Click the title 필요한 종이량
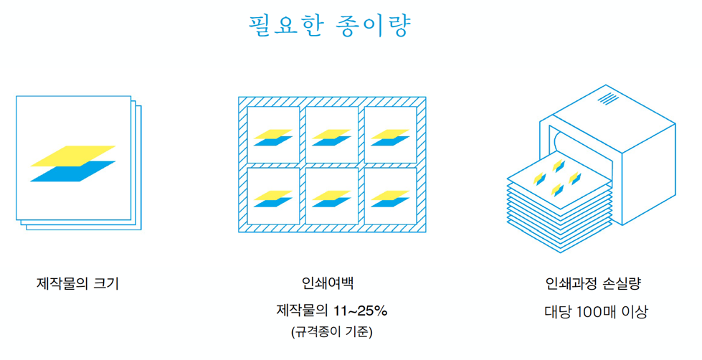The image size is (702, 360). [x=330, y=26]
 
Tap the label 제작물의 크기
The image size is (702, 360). [x=78, y=283]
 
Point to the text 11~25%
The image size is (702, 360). [x=361, y=311]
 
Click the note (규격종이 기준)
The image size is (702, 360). [x=331, y=332]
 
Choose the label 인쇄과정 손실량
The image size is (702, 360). [x=593, y=283]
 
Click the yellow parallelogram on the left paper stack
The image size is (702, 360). [x=73, y=156]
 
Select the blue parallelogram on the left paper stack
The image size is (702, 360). [x=73, y=172]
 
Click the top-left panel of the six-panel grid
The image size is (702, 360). [x=273, y=134]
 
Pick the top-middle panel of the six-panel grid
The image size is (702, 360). [x=332, y=134]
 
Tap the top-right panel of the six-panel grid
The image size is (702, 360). [x=390, y=134]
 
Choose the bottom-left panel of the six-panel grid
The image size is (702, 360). [x=273, y=196]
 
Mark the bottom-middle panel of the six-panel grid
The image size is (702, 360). [x=332, y=196]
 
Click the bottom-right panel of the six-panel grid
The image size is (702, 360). [x=390, y=196]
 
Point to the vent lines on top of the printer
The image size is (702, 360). [x=609, y=98]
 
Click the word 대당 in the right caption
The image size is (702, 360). [x=558, y=312]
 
